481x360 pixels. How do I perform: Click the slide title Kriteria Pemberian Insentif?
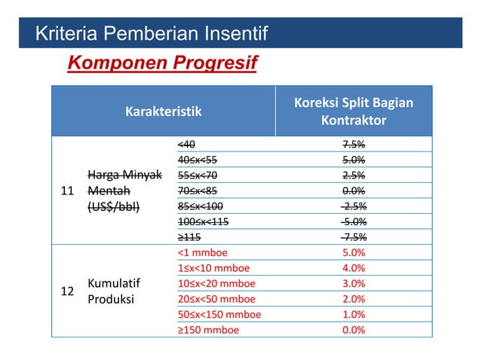coord(152,34)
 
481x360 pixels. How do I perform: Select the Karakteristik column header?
coord(163,111)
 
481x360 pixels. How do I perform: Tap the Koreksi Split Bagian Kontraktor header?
coord(354,111)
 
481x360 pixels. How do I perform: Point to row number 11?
coord(67,191)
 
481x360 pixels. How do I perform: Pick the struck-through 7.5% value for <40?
coord(354,144)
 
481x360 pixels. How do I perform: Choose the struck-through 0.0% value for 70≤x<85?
coord(354,191)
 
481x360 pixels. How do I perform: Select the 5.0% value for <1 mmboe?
coord(354,253)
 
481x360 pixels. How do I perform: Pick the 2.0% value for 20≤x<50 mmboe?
coord(354,299)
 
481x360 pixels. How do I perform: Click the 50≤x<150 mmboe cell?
coord(219,315)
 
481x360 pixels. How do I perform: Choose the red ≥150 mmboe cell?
coord(208,330)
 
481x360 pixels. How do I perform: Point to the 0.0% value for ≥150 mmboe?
coord(354,330)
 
